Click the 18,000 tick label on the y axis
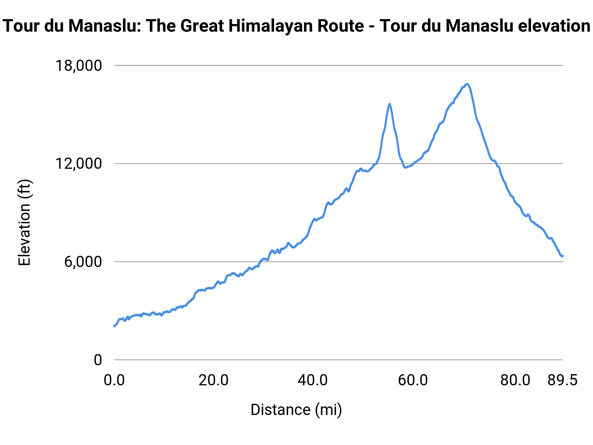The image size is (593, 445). click(x=78, y=66)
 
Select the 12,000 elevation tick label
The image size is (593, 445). click(x=78, y=163)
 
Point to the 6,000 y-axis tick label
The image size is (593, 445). click(x=83, y=262)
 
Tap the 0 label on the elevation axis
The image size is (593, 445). click(x=98, y=360)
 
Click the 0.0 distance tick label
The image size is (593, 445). click(x=114, y=380)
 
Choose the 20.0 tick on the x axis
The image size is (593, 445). click(x=213, y=380)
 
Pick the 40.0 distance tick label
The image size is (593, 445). click(x=313, y=380)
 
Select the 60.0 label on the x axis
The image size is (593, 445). click(x=413, y=380)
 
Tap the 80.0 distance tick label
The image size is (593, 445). click(x=515, y=380)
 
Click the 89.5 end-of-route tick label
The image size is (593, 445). click(x=563, y=380)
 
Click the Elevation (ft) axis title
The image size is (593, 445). click(x=24, y=222)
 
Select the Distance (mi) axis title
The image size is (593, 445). click(x=296, y=410)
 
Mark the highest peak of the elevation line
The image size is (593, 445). click(x=467, y=84)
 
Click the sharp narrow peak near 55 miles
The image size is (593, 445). click(x=389, y=104)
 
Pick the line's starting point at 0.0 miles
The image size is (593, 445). click(x=114, y=326)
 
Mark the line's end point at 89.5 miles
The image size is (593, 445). click(x=562, y=256)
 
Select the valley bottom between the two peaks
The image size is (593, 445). click(x=406, y=167)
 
